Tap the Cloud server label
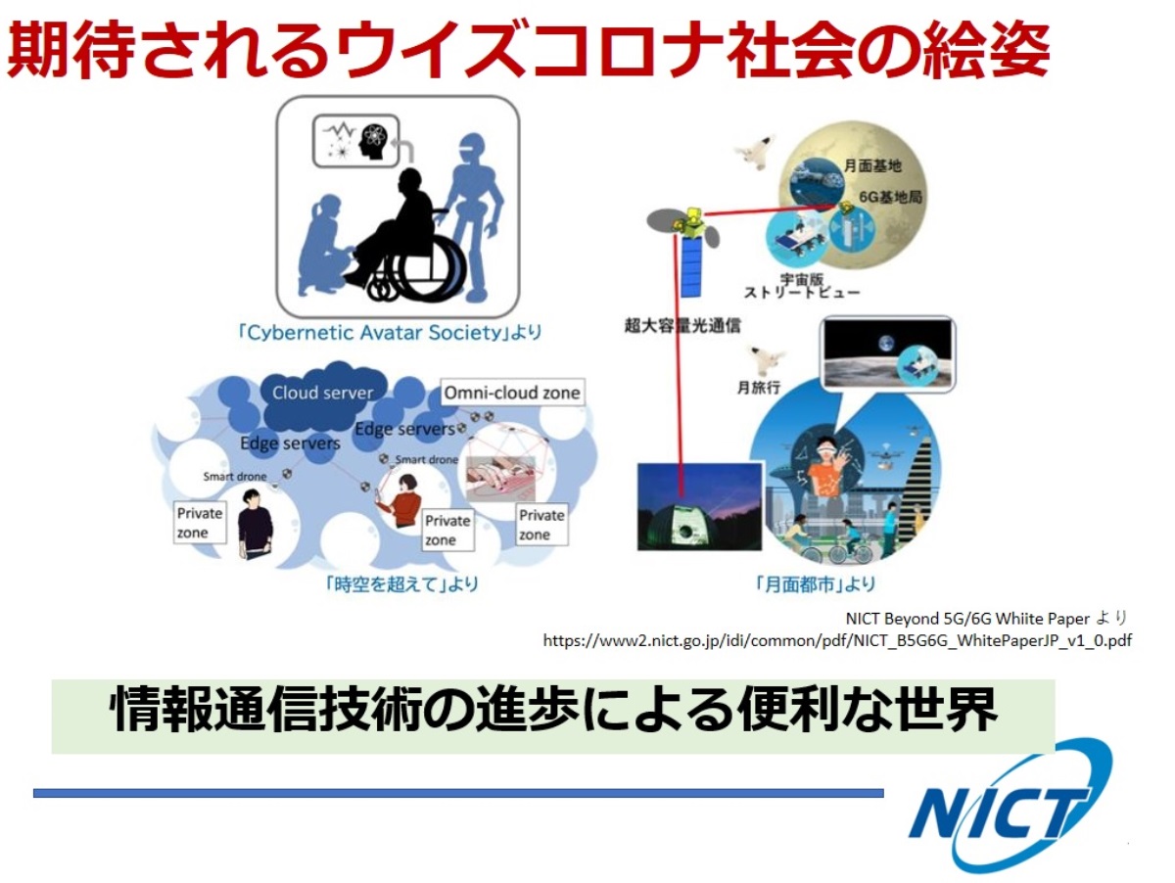(x=322, y=393)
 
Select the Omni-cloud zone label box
(x=512, y=394)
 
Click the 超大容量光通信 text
(x=681, y=326)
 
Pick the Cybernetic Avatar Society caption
(x=391, y=332)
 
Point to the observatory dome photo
(x=698, y=507)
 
